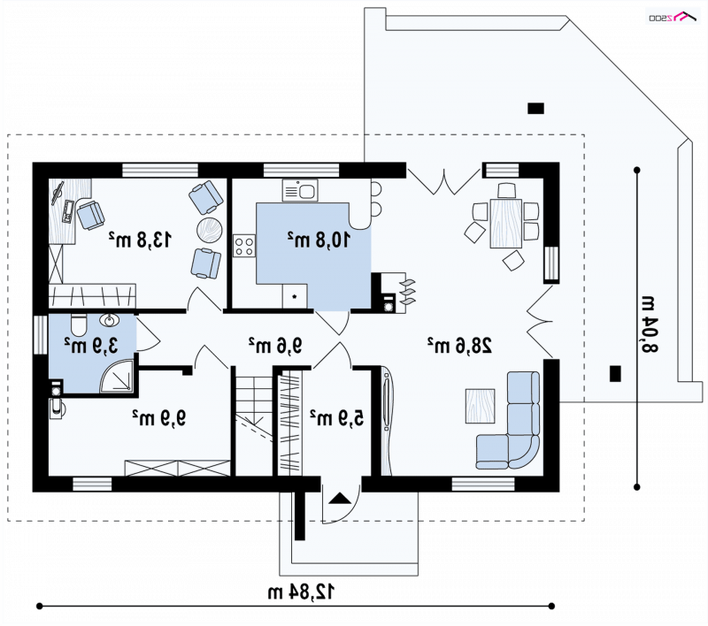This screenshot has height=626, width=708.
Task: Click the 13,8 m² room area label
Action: [x=141, y=240]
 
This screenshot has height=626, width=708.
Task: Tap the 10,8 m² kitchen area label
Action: [x=319, y=240]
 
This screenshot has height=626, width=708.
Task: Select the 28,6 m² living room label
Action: [x=459, y=345]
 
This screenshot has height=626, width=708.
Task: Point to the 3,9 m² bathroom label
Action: [x=91, y=346]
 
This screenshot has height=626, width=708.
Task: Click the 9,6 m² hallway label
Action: [x=275, y=346]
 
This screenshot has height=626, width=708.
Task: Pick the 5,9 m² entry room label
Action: [x=337, y=417]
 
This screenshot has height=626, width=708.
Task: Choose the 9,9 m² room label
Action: [x=159, y=417]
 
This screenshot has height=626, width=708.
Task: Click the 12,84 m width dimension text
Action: [x=302, y=592]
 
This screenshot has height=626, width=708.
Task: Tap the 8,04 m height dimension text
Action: [x=650, y=324]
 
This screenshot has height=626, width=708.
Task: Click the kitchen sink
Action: [x=300, y=190]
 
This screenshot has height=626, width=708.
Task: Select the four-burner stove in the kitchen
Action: [x=244, y=246]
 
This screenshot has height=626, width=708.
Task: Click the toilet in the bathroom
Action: [x=79, y=324]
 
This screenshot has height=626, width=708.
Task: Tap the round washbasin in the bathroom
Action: [x=109, y=320]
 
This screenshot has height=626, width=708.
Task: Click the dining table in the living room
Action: [x=505, y=224]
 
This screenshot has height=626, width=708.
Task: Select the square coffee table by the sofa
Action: [x=480, y=406]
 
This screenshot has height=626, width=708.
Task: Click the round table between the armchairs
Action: [x=209, y=230]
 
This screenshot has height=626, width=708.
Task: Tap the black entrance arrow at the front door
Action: [x=340, y=499]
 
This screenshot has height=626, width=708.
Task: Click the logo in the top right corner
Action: [x=673, y=17]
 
